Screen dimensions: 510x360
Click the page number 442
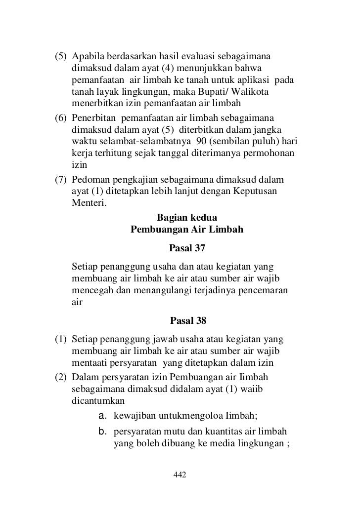pyautogui.click(x=180, y=475)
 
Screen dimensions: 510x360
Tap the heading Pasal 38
pyautogui.click(x=188, y=321)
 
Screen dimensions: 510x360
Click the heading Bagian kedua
pyautogui.click(x=186, y=217)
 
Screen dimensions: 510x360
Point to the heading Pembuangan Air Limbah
pyautogui.click(x=186, y=230)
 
